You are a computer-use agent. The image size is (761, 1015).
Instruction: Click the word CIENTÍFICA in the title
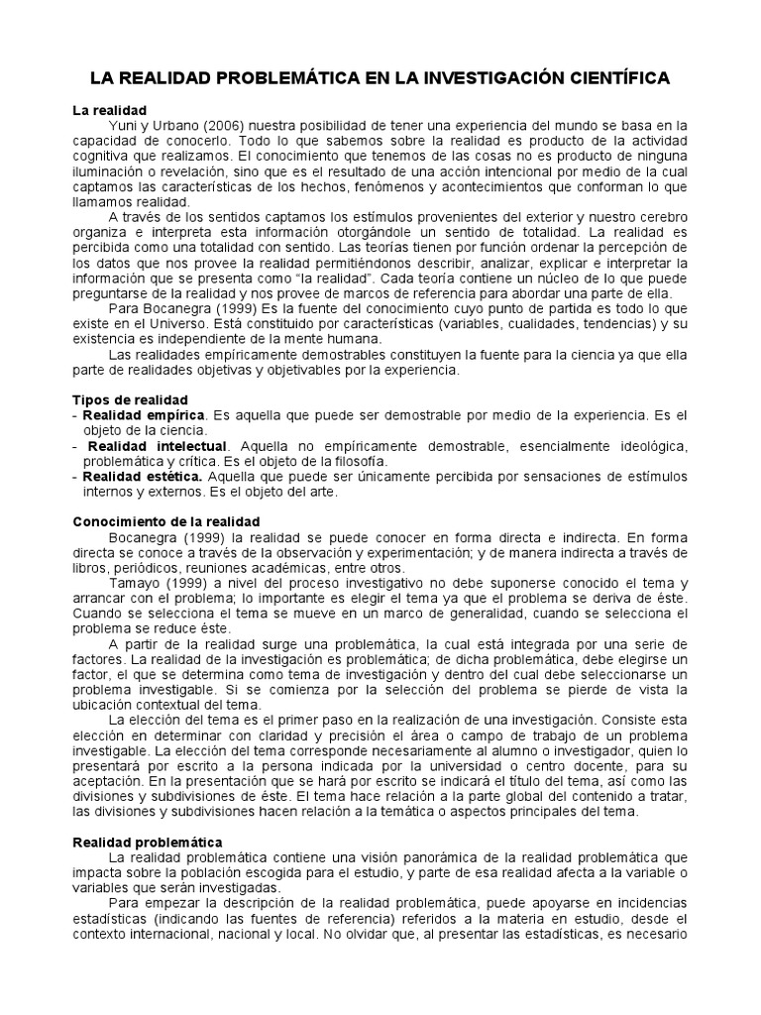615,78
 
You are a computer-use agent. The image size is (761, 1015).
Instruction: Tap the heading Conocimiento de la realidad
166,520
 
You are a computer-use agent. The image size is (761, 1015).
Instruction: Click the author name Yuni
122,126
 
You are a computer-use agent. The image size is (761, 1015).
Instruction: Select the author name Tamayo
132,583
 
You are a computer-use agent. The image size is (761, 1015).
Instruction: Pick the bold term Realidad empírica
144,414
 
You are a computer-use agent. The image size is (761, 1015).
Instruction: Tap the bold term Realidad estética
143,477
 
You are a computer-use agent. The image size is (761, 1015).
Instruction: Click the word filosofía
359,461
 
